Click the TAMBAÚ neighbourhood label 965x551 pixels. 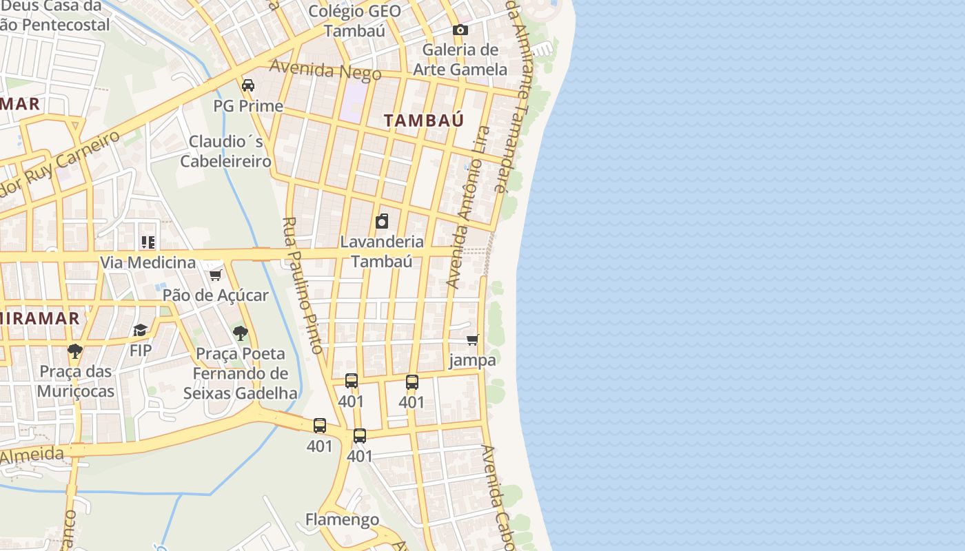click(x=424, y=121)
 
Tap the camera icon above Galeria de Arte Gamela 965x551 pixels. click(x=460, y=30)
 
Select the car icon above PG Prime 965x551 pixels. click(x=248, y=85)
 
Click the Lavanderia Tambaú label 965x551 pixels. click(x=381, y=251)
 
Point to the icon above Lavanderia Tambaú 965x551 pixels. click(x=381, y=221)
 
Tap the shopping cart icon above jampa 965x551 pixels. click(x=472, y=340)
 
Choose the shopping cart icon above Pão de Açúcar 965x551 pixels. click(x=215, y=275)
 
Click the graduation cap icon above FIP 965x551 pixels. click(x=141, y=331)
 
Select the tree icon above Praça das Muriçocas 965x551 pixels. click(x=75, y=351)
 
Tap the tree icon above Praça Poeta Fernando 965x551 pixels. click(x=240, y=333)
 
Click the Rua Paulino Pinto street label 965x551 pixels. click(x=303, y=286)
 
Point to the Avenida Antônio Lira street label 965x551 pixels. click(x=468, y=207)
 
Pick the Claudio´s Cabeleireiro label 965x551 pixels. click(x=226, y=152)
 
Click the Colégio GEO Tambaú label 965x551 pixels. click(x=354, y=21)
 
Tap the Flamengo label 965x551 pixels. click(x=342, y=519)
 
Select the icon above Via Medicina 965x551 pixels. click(x=148, y=242)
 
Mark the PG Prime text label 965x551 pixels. click(x=248, y=106)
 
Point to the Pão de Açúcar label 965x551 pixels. click(x=215, y=295)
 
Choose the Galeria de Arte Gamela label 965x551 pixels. click(x=460, y=59)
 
